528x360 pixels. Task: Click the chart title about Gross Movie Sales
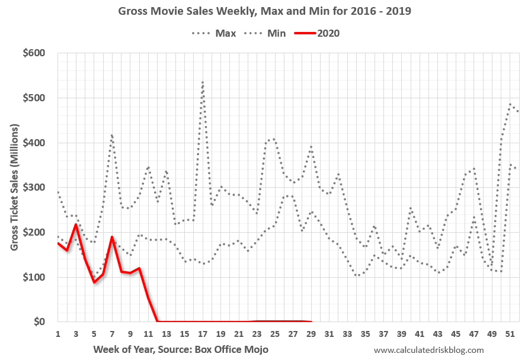pos(264,11)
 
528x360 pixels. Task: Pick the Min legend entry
pos(276,33)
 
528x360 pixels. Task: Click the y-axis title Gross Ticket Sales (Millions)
pos(14,187)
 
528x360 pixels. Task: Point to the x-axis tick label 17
pos(202,334)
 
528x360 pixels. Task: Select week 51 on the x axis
pos(509,334)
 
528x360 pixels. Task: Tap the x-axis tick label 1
pos(58,334)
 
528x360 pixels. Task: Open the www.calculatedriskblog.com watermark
pos(429,350)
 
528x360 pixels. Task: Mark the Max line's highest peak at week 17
pos(203,82)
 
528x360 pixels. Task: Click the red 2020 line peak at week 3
pos(76,224)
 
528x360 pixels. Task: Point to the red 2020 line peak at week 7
pos(112,237)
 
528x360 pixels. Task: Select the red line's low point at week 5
pos(94,282)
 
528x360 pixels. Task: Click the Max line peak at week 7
pos(111,135)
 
